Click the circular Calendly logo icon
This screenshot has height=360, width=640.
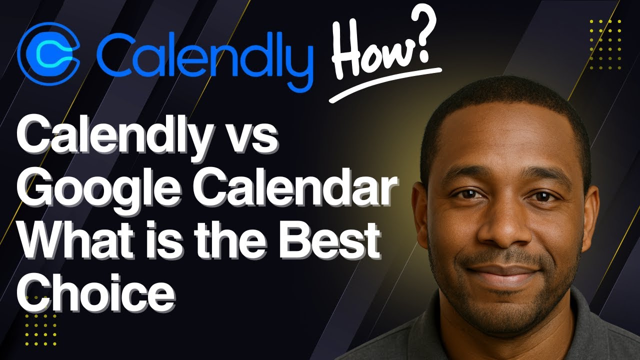(x=48, y=54)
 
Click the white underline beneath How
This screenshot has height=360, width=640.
(x=385, y=84)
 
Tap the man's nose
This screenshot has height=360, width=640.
(x=504, y=225)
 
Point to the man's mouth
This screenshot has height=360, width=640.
(x=503, y=273)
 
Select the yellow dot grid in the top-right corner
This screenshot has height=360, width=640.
(x=605, y=44)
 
